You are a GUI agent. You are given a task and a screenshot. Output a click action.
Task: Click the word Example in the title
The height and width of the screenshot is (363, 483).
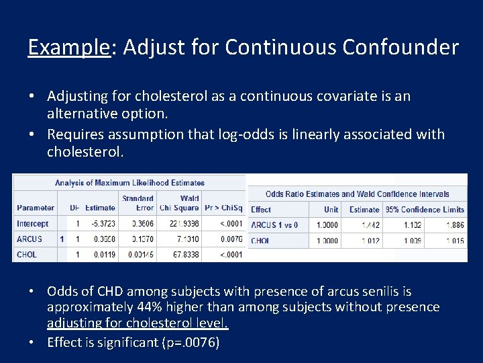68,47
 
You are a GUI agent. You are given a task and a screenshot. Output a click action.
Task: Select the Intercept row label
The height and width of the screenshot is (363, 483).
33,224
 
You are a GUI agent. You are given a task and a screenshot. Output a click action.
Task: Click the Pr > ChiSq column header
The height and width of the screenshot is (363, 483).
224,208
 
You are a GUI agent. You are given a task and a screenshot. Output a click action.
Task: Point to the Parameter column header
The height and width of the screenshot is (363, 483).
36,208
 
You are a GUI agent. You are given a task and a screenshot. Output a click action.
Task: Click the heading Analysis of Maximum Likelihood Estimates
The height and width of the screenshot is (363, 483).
129,182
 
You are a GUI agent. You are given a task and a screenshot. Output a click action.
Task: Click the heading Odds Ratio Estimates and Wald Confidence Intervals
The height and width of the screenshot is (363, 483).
358,194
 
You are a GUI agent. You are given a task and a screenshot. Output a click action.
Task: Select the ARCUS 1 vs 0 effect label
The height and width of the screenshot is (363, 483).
274,225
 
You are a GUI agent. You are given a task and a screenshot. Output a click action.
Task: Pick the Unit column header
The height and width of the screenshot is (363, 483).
331,210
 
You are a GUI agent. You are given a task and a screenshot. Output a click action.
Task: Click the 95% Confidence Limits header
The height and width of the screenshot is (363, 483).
425,210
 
